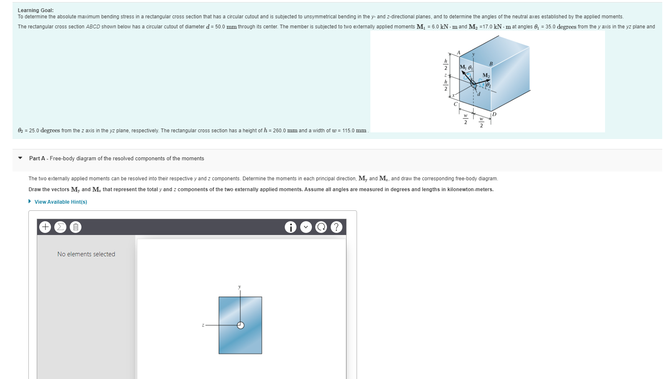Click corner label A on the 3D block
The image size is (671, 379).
click(x=458, y=53)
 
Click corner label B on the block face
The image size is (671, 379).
click(x=491, y=64)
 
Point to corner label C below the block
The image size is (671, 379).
click(x=456, y=104)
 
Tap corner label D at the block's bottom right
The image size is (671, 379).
click(x=495, y=114)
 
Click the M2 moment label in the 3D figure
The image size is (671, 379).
click(x=486, y=75)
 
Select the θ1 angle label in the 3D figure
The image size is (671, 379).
click(x=471, y=67)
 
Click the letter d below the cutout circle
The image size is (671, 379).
click(x=479, y=94)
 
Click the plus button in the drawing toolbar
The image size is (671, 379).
click(x=45, y=227)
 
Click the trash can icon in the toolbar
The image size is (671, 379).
click(x=76, y=227)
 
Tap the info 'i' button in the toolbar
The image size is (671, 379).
click(x=291, y=227)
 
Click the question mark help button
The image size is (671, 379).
click(x=337, y=227)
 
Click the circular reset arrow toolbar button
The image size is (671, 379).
click(x=321, y=227)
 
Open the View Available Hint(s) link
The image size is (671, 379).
click(x=61, y=202)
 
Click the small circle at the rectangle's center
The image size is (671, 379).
click(x=241, y=326)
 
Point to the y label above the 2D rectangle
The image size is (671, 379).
click(x=240, y=287)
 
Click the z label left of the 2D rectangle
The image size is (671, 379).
click(x=203, y=325)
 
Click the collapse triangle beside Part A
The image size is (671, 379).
click(x=20, y=158)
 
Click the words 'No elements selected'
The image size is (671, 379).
click(x=86, y=254)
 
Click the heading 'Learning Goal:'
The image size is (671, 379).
click(x=35, y=10)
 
